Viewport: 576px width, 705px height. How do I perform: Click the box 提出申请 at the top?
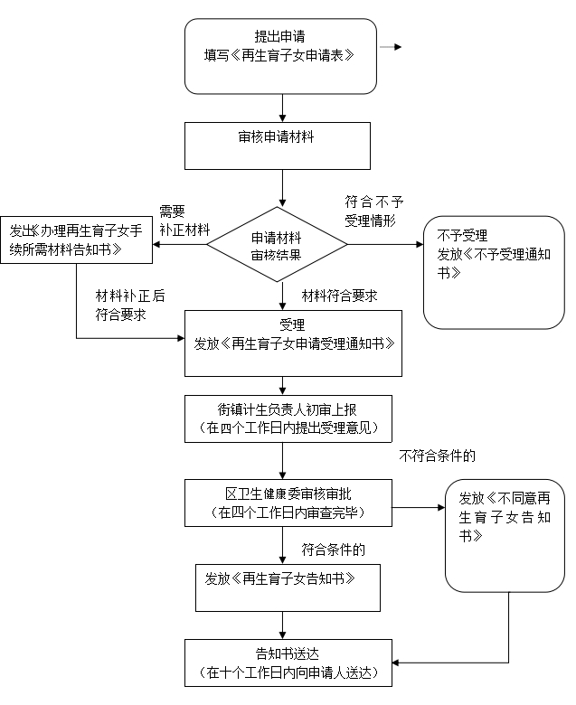(280, 56)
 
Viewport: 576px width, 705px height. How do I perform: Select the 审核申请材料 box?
(278, 146)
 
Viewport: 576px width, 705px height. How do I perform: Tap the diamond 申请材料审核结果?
(277, 245)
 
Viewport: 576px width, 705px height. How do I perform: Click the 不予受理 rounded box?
(494, 271)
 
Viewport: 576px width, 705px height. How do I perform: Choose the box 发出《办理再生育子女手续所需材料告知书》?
(76, 240)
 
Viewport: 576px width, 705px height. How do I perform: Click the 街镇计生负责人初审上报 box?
(288, 418)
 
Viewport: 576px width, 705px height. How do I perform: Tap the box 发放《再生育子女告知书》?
(288, 588)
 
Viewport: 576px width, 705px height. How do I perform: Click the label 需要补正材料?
(184, 219)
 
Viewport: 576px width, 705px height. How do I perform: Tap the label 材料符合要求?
(339, 296)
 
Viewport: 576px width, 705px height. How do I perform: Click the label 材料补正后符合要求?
(130, 305)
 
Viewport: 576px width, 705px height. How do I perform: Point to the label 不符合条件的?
(437, 456)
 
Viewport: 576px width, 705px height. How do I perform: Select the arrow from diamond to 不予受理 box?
(384, 244)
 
